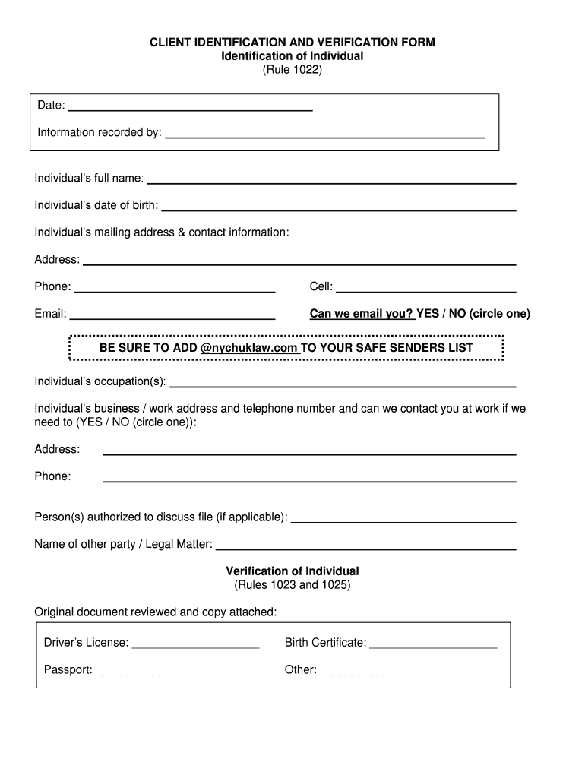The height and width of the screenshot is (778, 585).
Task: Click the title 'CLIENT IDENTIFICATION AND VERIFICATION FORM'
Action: [x=292, y=43]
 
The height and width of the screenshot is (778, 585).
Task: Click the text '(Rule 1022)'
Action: [x=292, y=70]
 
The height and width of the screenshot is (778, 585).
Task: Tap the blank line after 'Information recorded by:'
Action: [x=324, y=137]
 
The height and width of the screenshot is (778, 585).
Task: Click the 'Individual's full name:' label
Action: [x=89, y=179]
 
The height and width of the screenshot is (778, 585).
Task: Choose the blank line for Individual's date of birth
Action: [x=338, y=208]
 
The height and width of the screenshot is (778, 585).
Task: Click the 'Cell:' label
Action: [x=321, y=286]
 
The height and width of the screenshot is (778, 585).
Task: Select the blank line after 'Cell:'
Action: [x=425, y=290]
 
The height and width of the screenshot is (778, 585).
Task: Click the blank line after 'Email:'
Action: [x=172, y=318]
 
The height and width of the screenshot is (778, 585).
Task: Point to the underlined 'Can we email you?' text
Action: [x=362, y=314]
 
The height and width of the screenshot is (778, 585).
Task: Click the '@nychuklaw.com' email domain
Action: [x=249, y=348]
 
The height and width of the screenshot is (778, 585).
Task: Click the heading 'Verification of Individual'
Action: [x=292, y=571]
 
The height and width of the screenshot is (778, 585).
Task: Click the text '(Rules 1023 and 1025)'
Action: [x=292, y=585]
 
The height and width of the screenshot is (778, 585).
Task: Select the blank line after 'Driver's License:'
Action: [x=195, y=647]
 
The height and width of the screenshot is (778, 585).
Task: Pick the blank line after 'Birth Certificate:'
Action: [x=432, y=647]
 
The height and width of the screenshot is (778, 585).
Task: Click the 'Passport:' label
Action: [x=68, y=670]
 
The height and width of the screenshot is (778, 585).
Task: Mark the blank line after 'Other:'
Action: [x=409, y=673]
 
